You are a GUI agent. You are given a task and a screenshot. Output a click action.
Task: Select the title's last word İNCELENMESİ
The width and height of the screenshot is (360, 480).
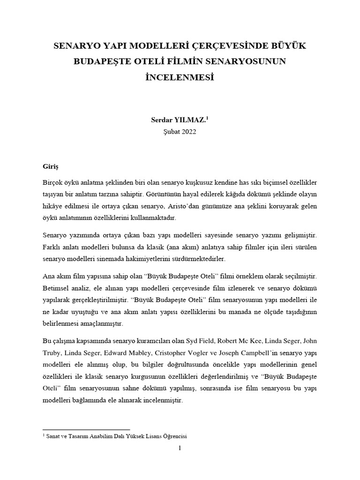pos(180,76)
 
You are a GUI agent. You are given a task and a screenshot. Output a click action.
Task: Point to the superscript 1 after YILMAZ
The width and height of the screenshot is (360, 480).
pos(208,119)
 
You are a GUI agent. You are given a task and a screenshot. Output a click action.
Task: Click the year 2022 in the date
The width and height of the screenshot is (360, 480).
pos(187,132)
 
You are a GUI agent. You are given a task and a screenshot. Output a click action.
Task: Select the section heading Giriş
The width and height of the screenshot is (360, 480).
pos(51,166)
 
